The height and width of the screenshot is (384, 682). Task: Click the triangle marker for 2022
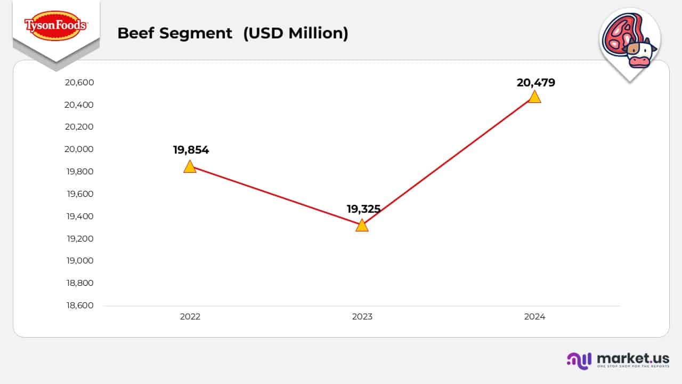pos(190,167)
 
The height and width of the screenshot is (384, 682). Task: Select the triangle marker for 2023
pos(362,226)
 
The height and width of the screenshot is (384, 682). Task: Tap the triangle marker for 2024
pos(534,97)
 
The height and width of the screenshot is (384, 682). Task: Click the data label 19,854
pos(191,150)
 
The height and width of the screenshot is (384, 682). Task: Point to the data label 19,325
pos(363,209)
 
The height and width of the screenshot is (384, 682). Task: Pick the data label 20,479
pos(535,83)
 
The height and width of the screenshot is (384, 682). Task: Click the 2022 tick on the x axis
pos(190,316)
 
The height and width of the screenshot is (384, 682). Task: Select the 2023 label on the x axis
pos(362,316)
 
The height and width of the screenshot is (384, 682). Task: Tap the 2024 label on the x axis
pos(534,316)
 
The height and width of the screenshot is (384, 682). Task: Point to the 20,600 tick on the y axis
pos(79,82)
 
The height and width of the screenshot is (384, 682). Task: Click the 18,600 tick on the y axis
pos(79,306)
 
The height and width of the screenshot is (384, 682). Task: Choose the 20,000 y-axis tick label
pos(79,149)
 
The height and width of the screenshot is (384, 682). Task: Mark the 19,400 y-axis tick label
pos(79,216)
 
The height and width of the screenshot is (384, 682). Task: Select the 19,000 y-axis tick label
pos(79,261)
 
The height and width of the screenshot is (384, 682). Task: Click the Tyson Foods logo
pos(55,25)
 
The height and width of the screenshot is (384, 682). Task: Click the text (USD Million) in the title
pos(296,33)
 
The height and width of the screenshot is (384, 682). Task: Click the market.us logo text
pos(633,358)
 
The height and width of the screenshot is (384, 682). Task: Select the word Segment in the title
pos(197,33)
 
